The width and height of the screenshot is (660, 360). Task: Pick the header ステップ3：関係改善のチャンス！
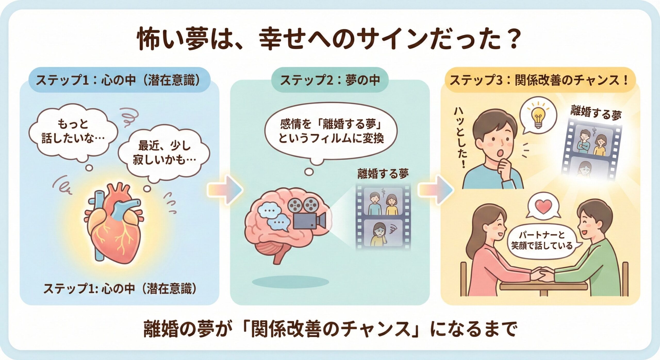539,80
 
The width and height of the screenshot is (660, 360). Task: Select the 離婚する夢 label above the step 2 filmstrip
383,174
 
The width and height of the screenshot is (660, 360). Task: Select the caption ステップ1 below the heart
120,289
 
